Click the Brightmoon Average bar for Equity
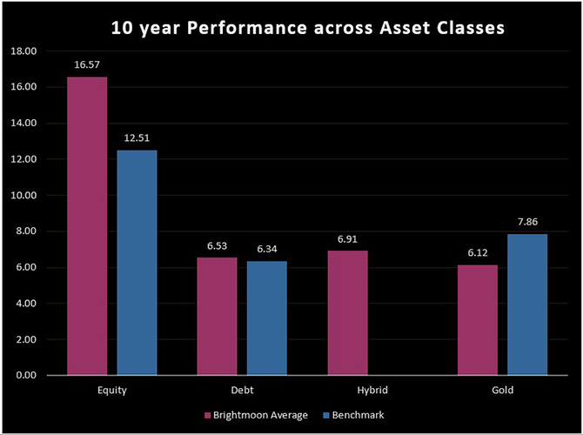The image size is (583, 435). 88,226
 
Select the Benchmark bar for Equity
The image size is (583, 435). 137,263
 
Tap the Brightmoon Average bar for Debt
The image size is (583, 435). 217,316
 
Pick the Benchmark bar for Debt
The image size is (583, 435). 266,318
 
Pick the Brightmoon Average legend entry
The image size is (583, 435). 256,415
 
